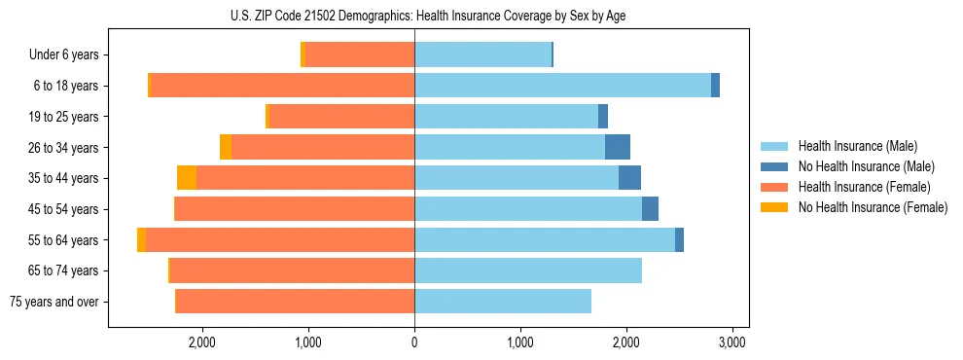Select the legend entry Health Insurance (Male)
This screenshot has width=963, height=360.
pyautogui.click(x=857, y=146)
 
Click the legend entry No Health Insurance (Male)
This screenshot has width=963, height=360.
pyautogui.click(x=866, y=166)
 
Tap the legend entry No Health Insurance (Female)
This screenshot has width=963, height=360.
pyautogui.click(x=873, y=207)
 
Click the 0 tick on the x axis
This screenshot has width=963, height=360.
pyautogui.click(x=414, y=342)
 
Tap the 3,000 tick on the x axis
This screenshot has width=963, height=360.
pyautogui.click(x=731, y=342)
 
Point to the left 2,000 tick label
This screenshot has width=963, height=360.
pyautogui.click(x=202, y=342)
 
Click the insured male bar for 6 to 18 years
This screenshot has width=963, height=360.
pyautogui.click(x=562, y=86)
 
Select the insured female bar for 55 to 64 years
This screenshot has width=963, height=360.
pyautogui.click(x=280, y=239)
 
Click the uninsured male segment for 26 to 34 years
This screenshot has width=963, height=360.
pyautogui.click(x=618, y=147)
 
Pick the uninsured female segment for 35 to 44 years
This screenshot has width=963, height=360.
pyautogui.click(x=187, y=178)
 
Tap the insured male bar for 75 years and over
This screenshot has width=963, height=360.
pyautogui.click(x=503, y=302)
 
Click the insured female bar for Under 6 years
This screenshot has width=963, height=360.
pyautogui.click(x=360, y=54)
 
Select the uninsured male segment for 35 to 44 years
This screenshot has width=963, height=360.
pyautogui.click(x=629, y=178)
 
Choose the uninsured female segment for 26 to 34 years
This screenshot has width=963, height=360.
pyautogui.click(x=226, y=147)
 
